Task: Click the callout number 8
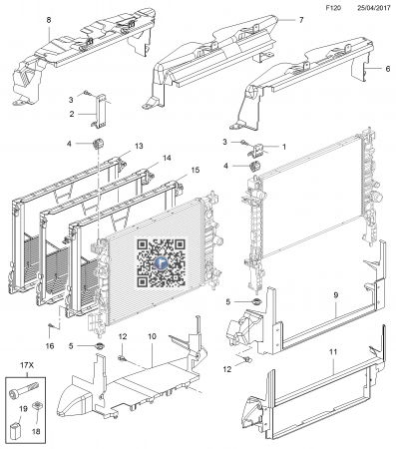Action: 22,20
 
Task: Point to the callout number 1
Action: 283,147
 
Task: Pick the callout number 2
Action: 72,115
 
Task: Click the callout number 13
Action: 140,145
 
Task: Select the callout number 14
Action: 167,158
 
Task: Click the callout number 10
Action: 153,336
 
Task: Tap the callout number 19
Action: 23,408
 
